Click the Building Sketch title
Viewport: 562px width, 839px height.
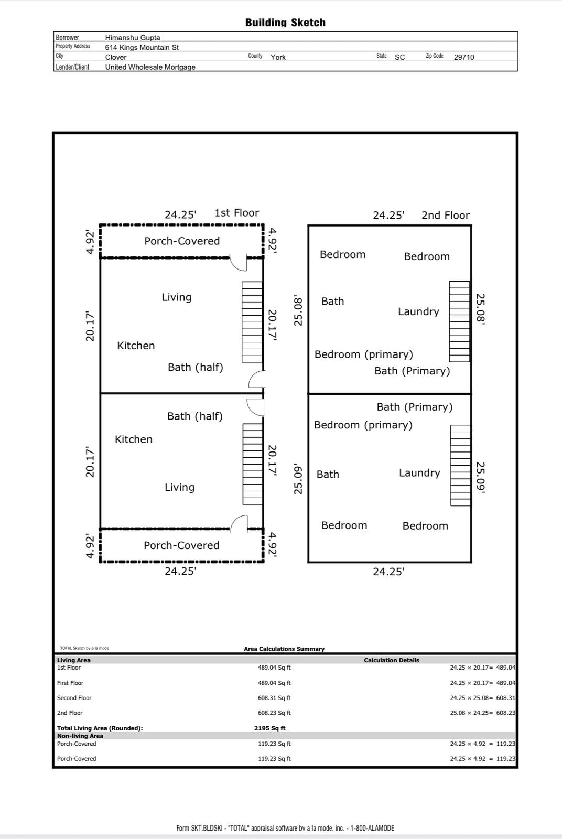(285, 23)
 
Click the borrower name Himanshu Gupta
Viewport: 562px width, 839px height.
(133, 38)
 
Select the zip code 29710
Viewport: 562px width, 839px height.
(463, 57)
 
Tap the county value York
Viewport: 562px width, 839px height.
(278, 57)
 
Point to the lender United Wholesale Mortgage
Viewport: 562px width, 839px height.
(150, 67)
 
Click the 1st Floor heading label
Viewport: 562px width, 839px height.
(236, 213)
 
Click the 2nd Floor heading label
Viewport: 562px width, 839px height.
(445, 215)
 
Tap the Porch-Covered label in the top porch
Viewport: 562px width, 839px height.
(182, 241)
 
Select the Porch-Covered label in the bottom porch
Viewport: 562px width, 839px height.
(181, 545)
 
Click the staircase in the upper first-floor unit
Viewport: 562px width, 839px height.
(252, 321)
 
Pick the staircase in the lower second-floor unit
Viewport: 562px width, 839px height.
(460, 465)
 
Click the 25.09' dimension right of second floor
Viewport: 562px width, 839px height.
(480, 477)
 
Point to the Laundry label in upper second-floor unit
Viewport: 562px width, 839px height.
(418, 312)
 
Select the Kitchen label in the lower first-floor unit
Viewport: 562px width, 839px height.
(134, 439)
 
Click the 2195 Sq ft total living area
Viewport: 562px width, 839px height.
(269, 728)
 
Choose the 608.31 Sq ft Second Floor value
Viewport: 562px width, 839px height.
(274, 698)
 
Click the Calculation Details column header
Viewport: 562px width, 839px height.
(391, 660)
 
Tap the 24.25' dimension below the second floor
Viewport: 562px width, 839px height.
(388, 572)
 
